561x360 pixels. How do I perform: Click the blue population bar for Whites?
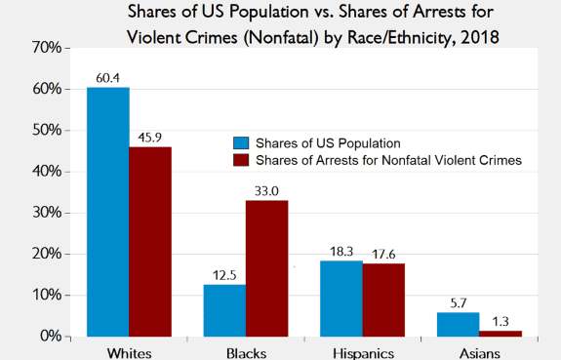click(x=108, y=212)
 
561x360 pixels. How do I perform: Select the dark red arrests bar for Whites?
click(x=150, y=242)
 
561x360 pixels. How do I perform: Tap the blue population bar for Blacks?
click(x=224, y=310)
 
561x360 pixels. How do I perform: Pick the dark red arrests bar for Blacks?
click(x=267, y=268)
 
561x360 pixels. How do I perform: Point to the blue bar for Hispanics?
click(x=341, y=299)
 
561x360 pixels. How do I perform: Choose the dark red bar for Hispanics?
click(x=383, y=300)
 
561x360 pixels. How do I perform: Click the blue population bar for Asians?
click(x=458, y=325)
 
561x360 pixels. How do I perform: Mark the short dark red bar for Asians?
click(x=501, y=334)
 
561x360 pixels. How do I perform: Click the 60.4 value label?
click(x=107, y=78)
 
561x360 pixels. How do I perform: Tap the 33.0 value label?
click(x=266, y=191)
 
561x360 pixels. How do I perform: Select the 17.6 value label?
click(x=383, y=254)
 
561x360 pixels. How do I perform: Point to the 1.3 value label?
click(x=501, y=322)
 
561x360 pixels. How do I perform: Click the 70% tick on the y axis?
click(x=47, y=47)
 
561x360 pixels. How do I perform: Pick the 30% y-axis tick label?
click(x=47, y=213)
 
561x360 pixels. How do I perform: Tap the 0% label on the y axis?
click(x=51, y=337)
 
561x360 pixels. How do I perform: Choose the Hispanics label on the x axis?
click(x=364, y=353)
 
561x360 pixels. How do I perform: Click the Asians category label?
click(x=480, y=353)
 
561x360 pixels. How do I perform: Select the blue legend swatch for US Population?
click(x=241, y=143)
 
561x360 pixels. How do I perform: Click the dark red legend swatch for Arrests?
click(x=241, y=160)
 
